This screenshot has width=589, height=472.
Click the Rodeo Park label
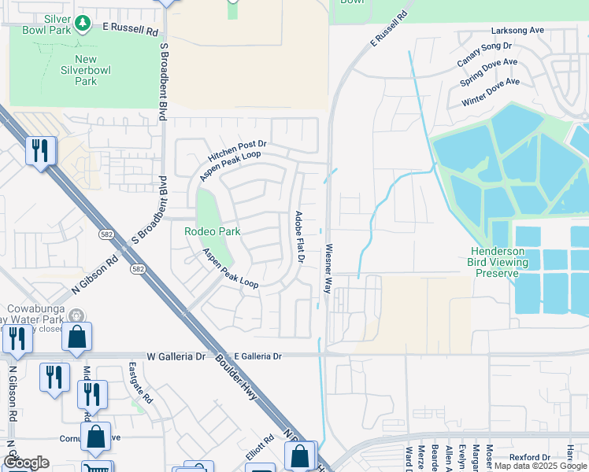click(212, 231)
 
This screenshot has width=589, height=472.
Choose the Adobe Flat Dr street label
click(299, 237)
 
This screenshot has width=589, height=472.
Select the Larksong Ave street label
click(517, 30)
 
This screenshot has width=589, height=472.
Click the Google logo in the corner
click(26, 463)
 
